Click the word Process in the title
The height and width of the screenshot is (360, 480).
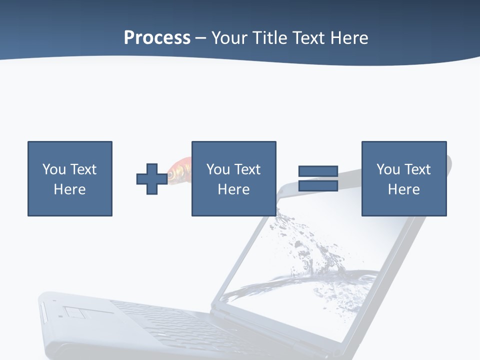click(x=157, y=37)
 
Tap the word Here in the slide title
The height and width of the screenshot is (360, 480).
click(x=349, y=37)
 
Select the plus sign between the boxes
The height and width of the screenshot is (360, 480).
click(x=152, y=178)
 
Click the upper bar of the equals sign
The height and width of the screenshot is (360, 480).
click(x=318, y=171)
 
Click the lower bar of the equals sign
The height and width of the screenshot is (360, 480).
click(x=318, y=186)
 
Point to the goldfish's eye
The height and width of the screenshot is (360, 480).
click(x=171, y=175)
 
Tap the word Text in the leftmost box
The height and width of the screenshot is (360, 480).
click(x=83, y=169)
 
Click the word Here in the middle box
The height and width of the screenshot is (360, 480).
click(x=233, y=189)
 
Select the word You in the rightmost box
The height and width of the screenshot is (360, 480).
click(x=388, y=169)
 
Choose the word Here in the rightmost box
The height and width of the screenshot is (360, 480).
click(x=403, y=189)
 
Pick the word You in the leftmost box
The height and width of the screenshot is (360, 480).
click(x=54, y=169)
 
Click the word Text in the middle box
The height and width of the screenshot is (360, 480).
click(x=247, y=169)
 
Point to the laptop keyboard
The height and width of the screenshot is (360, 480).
click(x=165, y=325)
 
